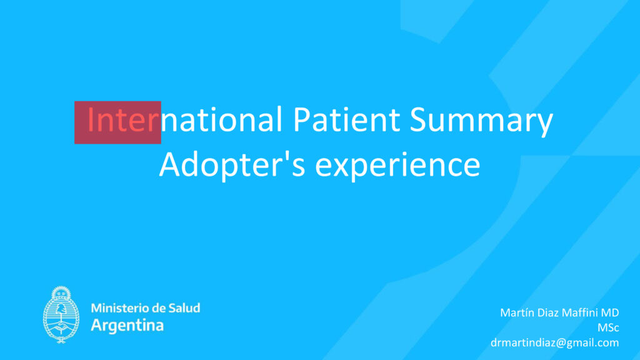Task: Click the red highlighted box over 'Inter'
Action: pos(117,122)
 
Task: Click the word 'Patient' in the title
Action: pos(346,119)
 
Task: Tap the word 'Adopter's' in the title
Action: pos(232,165)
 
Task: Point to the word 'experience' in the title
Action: pos(397,166)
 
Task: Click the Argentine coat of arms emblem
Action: pos(61,315)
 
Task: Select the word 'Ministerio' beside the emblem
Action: pos(116,307)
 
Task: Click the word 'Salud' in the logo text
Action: pos(184,307)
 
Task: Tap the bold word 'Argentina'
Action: pos(127,325)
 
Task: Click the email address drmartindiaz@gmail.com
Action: pos(555,343)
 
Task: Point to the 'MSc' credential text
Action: pos(608,327)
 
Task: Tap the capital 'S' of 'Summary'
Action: pos(418,119)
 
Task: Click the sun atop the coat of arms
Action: pos(61,292)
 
